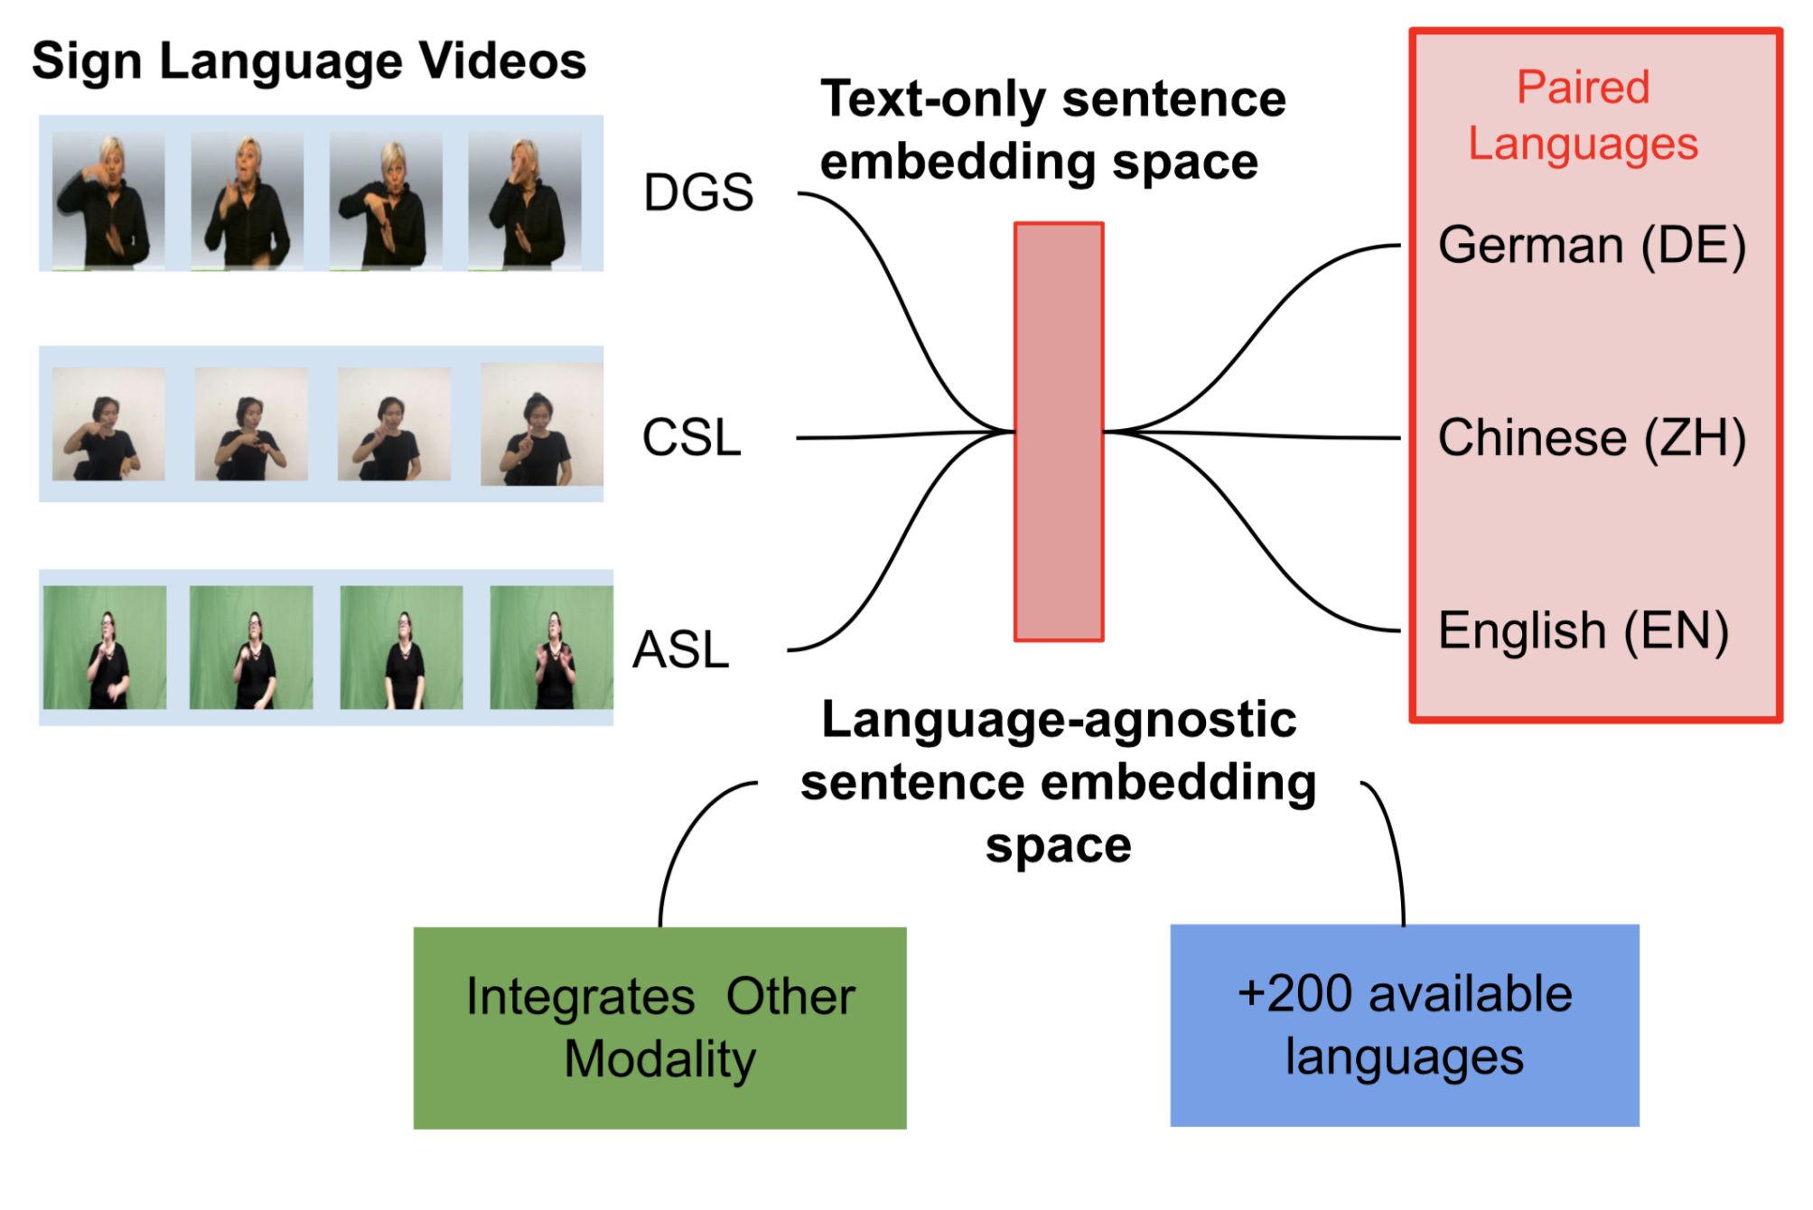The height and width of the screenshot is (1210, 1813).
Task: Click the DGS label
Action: tap(697, 192)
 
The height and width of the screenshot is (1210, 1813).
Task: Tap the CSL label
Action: tap(691, 438)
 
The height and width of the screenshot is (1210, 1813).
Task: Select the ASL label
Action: tap(680, 650)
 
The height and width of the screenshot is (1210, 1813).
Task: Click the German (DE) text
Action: tap(1592, 246)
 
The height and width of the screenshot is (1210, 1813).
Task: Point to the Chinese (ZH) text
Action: tap(1592, 438)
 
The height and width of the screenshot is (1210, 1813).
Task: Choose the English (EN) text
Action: tap(1583, 630)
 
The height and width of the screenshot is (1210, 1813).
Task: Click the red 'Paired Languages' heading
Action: tap(1583, 116)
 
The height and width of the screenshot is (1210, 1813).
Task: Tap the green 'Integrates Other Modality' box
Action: tap(659, 1028)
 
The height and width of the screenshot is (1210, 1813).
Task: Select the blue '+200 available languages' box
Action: tap(1404, 1025)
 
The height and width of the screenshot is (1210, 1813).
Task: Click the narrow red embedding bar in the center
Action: tap(1059, 432)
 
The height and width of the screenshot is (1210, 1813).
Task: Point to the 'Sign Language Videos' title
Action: tap(309, 61)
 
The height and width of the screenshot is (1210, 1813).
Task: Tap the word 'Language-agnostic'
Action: tap(1059, 721)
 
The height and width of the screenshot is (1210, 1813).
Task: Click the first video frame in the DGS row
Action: tap(108, 200)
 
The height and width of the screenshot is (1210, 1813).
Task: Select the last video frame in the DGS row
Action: tap(525, 200)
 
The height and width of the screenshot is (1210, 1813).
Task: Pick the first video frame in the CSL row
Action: tap(108, 423)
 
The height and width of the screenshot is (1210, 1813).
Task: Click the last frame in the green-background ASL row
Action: tap(551, 647)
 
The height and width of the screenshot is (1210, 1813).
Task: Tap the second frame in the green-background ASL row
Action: tap(251, 647)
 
